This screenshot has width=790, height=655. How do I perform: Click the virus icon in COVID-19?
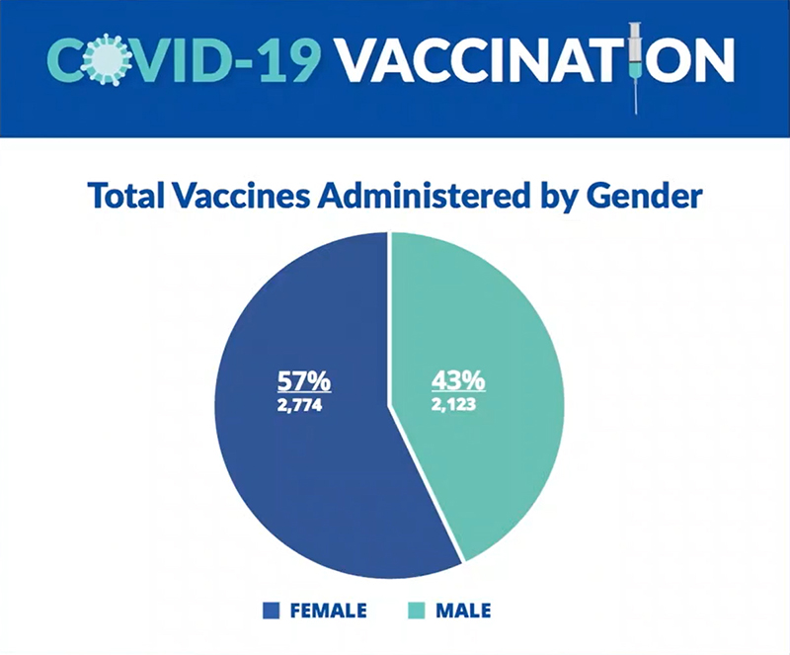click(x=105, y=58)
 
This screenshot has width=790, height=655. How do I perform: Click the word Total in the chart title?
click(x=126, y=196)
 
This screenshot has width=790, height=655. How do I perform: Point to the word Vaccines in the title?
click(x=241, y=196)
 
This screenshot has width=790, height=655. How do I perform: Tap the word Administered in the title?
click(x=424, y=196)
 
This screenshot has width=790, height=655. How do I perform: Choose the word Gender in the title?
click(x=645, y=196)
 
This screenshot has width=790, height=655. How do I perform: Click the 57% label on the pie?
click(x=304, y=380)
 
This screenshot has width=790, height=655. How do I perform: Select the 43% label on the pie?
click(x=458, y=380)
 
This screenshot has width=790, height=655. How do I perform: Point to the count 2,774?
click(x=299, y=405)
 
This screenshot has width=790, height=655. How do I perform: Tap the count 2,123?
click(x=453, y=405)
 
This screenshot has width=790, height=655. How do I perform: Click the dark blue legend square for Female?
click(x=271, y=611)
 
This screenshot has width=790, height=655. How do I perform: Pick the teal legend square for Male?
click(x=416, y=611)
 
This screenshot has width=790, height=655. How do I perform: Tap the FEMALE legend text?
click(x=329, y=611)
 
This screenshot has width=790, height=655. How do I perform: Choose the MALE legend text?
click(x=463, y=611)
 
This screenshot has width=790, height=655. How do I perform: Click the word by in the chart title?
click(x=559, y=197)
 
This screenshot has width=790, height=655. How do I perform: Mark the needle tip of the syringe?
click(x=636, y=114)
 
